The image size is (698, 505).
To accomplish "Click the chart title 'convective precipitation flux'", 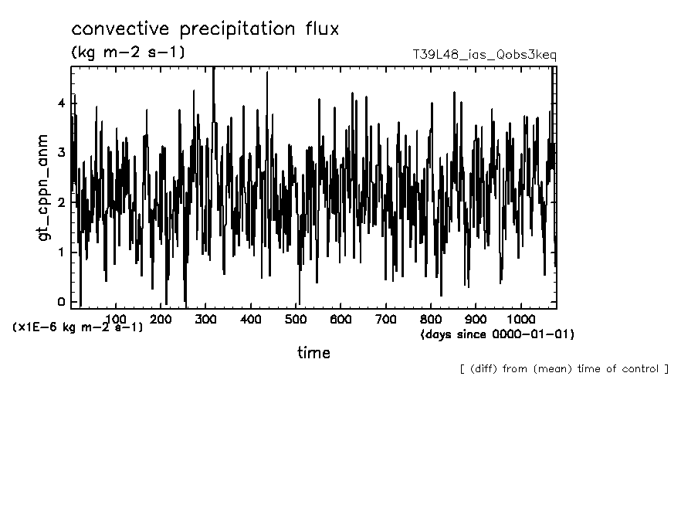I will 205,29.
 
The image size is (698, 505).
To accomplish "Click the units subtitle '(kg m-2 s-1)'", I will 127,53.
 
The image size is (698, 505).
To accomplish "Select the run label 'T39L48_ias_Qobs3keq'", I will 485,55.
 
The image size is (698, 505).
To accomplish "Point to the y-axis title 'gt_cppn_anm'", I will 43,186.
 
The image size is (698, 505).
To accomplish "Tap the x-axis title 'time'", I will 313,353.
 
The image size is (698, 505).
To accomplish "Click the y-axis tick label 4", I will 62,103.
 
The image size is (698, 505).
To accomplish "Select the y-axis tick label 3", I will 62,153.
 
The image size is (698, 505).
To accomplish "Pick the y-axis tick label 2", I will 62,202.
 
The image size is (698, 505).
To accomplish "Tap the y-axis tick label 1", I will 62,252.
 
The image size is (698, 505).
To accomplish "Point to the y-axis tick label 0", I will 62,302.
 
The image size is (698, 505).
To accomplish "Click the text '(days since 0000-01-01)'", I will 497,334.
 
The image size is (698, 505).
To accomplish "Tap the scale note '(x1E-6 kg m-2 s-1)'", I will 77,327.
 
